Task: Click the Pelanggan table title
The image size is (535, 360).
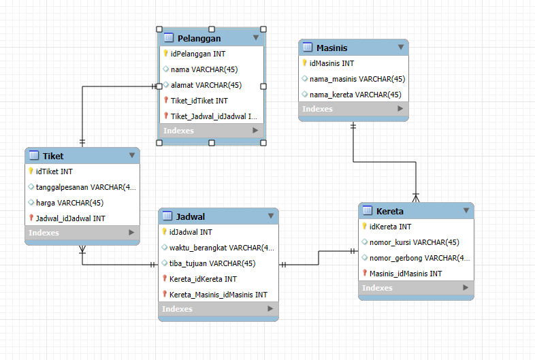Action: click(x=199, y=39)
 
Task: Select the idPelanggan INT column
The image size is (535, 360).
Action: click(x=198, y=54)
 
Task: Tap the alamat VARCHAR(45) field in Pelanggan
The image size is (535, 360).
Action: click(x=206, y=85)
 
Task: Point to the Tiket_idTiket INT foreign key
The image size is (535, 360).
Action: click(x=199, y=101)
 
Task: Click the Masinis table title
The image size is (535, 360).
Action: click(x=331, y=48)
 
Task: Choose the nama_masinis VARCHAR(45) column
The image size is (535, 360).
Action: click(x=357, y=79)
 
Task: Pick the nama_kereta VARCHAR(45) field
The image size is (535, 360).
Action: click(x=355, y=95)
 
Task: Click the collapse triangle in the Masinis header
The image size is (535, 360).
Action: click(x=401, y=47)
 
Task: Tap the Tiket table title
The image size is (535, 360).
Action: click(x=53, y=157)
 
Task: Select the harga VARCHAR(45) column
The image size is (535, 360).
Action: click(x=69, y=203)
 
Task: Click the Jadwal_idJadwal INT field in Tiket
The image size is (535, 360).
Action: click(x=71, y=218)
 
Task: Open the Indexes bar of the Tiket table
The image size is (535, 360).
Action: click(x=82, y=233)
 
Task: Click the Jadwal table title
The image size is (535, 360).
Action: click(x=191, y=216)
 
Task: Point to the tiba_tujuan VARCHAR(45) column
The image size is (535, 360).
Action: click(x=212, y=263)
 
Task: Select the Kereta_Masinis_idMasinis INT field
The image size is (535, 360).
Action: click(x=218, y=295)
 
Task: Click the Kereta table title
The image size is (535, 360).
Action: click(x=389, y=212)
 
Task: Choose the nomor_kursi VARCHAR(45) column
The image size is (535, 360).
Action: click(x=415, y=242)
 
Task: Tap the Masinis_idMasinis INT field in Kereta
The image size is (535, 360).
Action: click(x=406, y=274)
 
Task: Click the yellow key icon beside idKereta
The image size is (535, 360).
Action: click(x=364, y=226)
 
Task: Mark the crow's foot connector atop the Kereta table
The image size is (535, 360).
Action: click(x=416, y=197)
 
